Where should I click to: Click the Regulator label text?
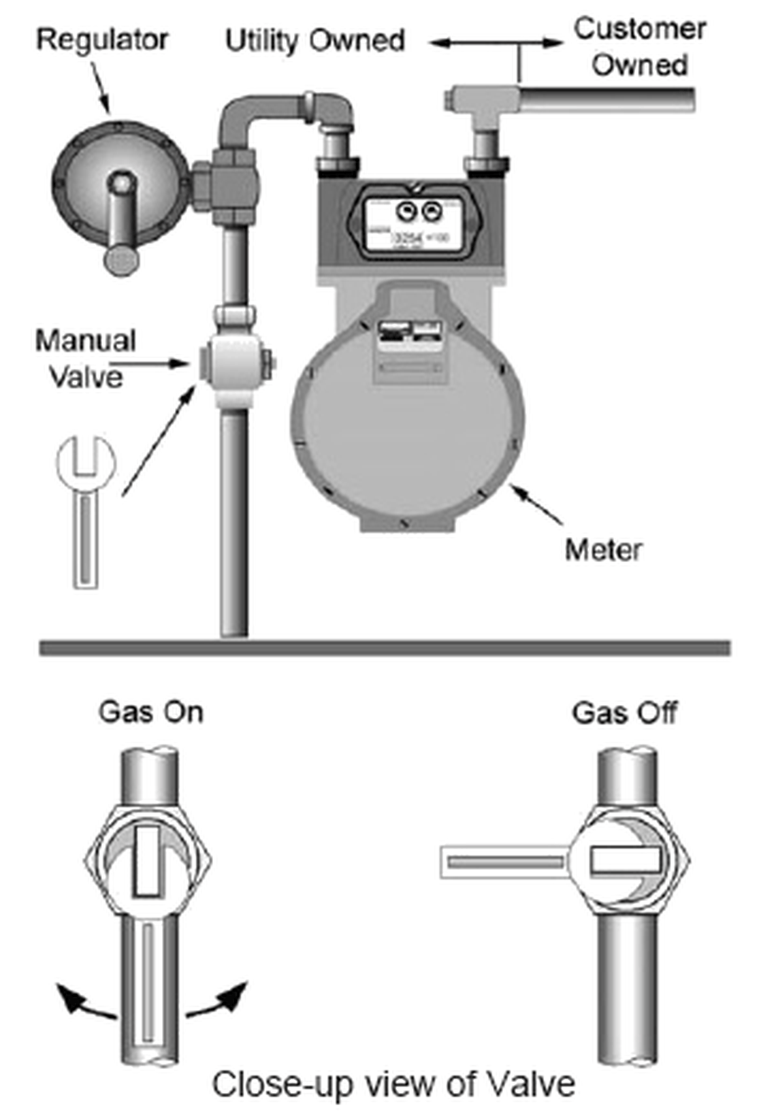click(102, 39)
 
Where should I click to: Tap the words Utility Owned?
click(314, 41)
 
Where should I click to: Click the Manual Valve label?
click(86, 358)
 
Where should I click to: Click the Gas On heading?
click(151, 713)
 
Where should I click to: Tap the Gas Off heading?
click(624, 713)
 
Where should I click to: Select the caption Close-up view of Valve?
click(393, 1083)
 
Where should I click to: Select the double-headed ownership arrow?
click(497, 43)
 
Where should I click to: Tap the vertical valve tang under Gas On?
click(148, 861)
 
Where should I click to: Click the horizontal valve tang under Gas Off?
click(626, 862)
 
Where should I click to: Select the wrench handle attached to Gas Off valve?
click(504, 862)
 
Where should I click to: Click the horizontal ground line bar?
click(385, 647)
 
